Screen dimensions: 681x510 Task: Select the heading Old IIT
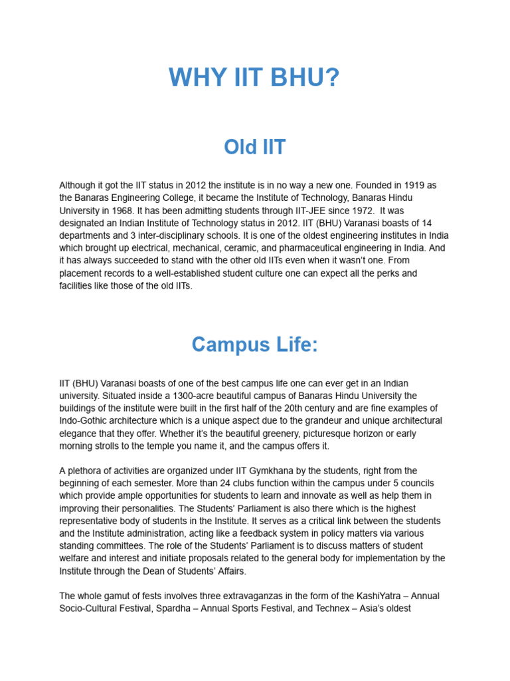[255, 147]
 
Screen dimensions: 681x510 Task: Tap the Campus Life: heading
[255, 344]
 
